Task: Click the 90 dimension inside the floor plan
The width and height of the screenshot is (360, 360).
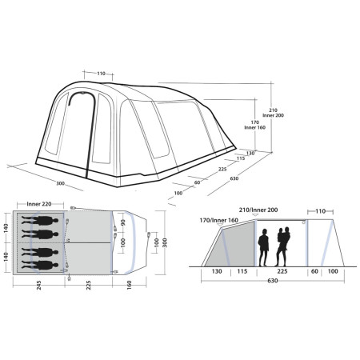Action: [122, 223]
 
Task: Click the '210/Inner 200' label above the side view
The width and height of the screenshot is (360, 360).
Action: [254, 210]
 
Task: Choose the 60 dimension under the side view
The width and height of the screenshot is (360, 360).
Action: [314, 270]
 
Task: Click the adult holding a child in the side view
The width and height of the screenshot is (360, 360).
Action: [282, 245]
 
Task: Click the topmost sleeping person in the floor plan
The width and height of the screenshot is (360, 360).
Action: [41, 220]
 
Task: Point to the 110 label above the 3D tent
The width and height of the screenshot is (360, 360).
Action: [102, 74]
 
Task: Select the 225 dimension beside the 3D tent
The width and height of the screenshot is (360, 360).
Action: [223, 170]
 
